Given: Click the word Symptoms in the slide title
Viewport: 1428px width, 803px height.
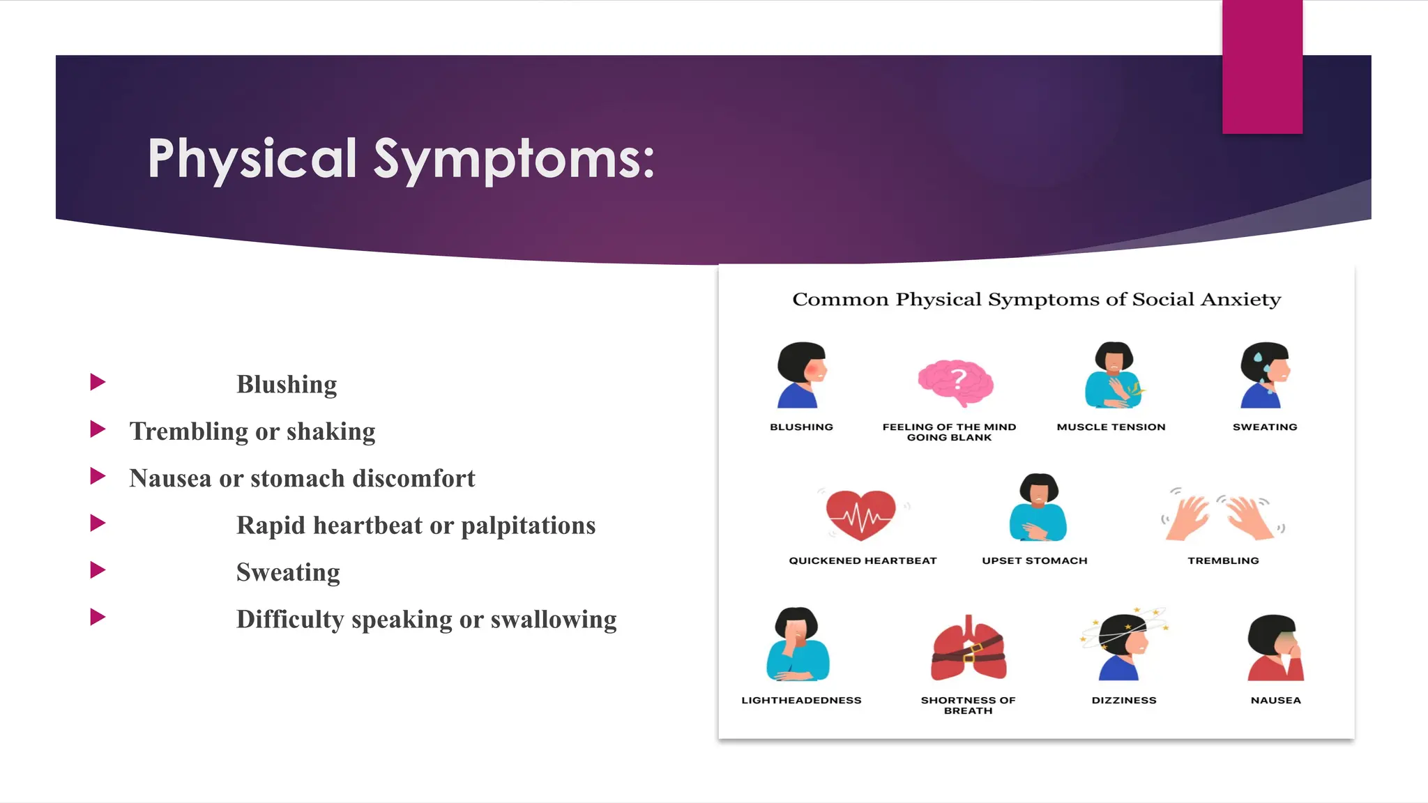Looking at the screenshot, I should [514, 159].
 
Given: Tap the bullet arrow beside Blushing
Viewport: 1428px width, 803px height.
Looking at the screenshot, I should [98, 382].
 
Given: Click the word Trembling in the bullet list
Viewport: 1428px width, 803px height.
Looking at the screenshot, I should [188, 431].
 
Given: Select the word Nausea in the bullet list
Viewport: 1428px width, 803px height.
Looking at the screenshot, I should [170, 479].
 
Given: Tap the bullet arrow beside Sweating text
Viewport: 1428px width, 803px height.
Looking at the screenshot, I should [98, 570].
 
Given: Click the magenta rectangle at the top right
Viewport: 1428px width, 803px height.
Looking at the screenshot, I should [1262, 66].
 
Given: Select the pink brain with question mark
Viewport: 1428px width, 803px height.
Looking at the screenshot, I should [956, 383].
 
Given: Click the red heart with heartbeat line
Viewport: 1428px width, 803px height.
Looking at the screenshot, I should [861, 514].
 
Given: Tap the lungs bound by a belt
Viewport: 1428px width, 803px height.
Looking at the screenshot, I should [969, 650].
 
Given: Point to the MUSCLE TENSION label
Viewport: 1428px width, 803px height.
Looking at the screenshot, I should [1111, 427].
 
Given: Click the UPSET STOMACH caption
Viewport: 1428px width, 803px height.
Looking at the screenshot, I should [1034, 561].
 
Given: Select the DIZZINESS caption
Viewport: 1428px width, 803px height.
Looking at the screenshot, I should [1123, 701].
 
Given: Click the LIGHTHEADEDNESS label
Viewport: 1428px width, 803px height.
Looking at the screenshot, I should [801, 701].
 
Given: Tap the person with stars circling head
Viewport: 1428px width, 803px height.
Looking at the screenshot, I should [1123, 645].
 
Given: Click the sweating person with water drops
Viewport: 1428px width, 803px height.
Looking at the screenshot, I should [1264, 376].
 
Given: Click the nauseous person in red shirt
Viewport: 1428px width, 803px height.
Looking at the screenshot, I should [1275, 648].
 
